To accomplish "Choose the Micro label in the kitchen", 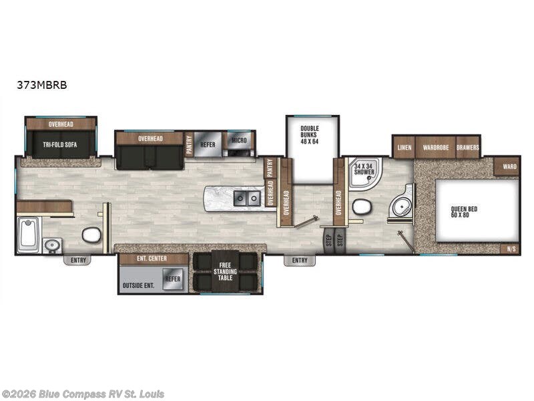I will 238,140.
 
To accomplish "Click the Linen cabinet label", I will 404,147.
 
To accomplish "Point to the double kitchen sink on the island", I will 247,198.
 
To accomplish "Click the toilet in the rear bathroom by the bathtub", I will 91,235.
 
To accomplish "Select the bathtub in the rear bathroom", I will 29,232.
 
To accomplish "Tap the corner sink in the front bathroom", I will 403,207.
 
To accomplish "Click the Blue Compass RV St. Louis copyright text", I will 83,394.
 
